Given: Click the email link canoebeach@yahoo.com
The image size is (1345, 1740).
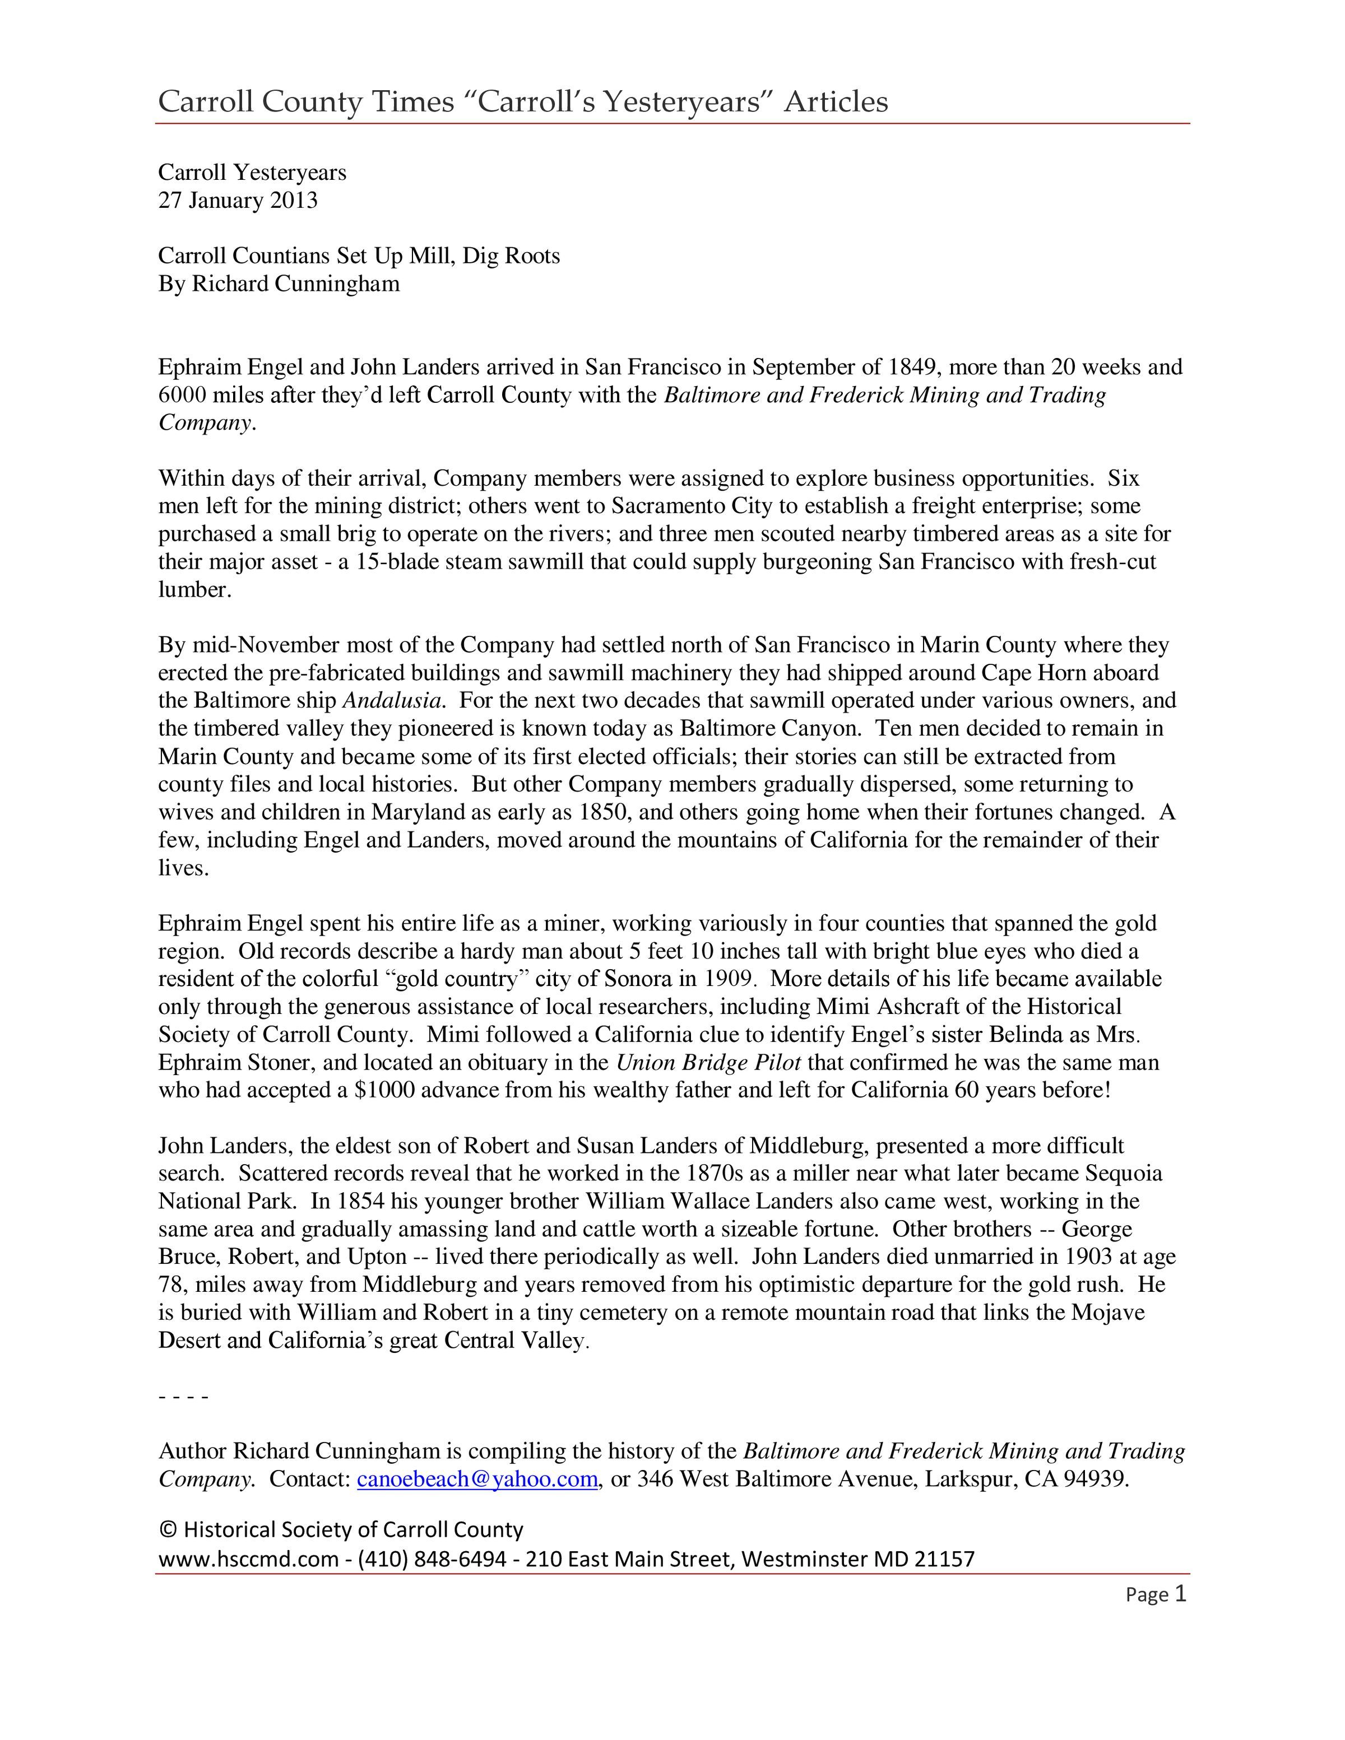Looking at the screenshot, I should click(476, 1479).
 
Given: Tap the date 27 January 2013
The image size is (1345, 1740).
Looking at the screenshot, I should click(238, 200).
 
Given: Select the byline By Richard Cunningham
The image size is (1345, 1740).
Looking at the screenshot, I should click(279, 283).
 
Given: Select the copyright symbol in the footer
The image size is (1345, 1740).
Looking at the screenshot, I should click(168, 1530).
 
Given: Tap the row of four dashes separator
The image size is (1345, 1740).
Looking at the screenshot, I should click(183, 1397).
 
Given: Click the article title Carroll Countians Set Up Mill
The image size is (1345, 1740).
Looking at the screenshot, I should click(359, 256).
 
